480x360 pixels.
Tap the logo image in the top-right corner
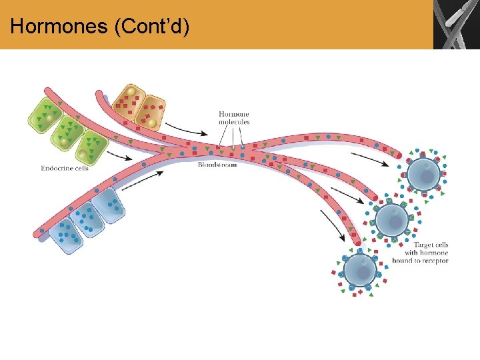[x=456, y=25]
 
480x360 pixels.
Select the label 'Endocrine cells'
[x=65, y=168]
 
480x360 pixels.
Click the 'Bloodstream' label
[x=217, y=164]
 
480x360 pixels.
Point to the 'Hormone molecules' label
[x=234, y=118]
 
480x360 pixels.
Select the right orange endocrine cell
[x=151, y=112]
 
